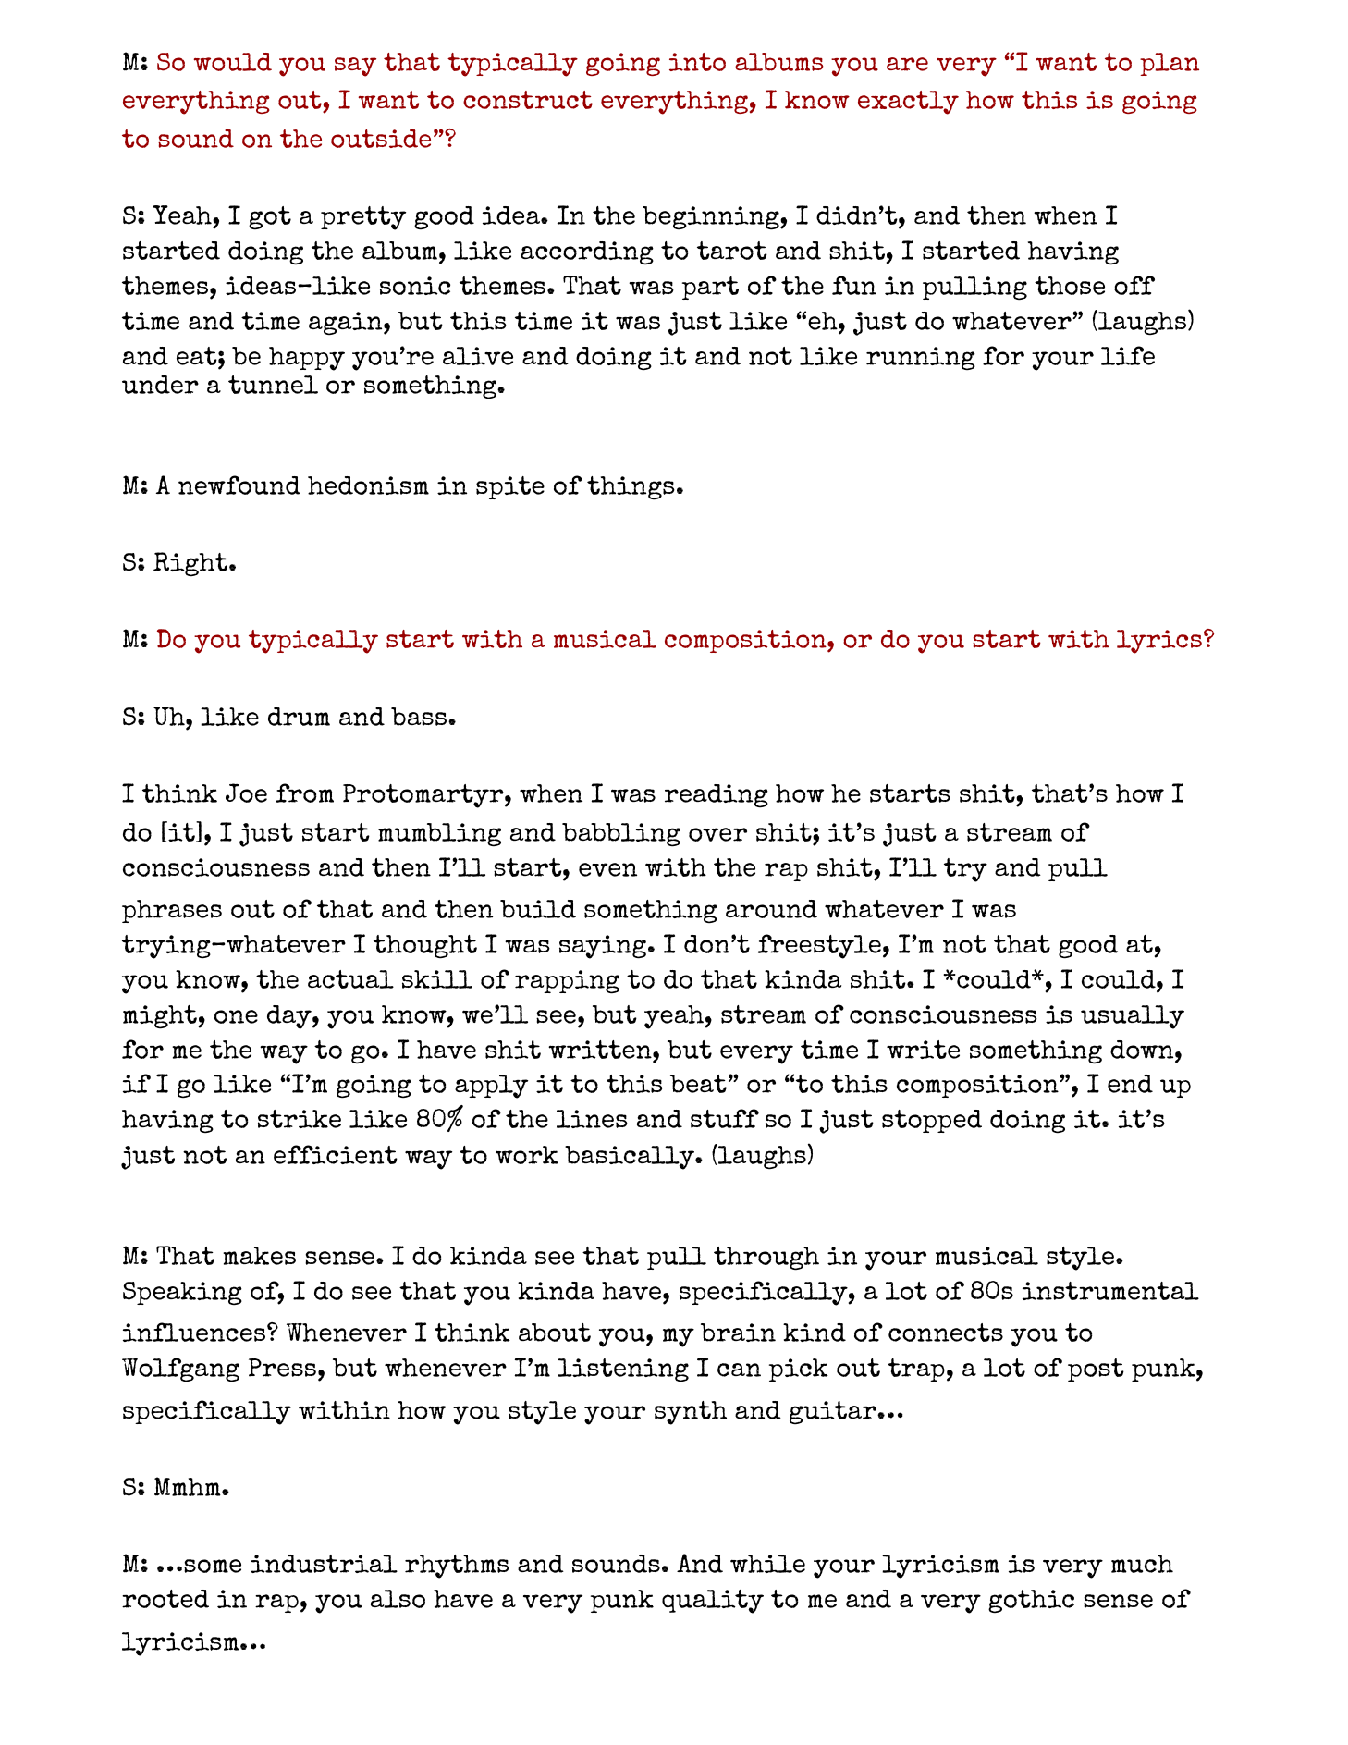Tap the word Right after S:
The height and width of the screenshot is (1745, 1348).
(x=194, y=562)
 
